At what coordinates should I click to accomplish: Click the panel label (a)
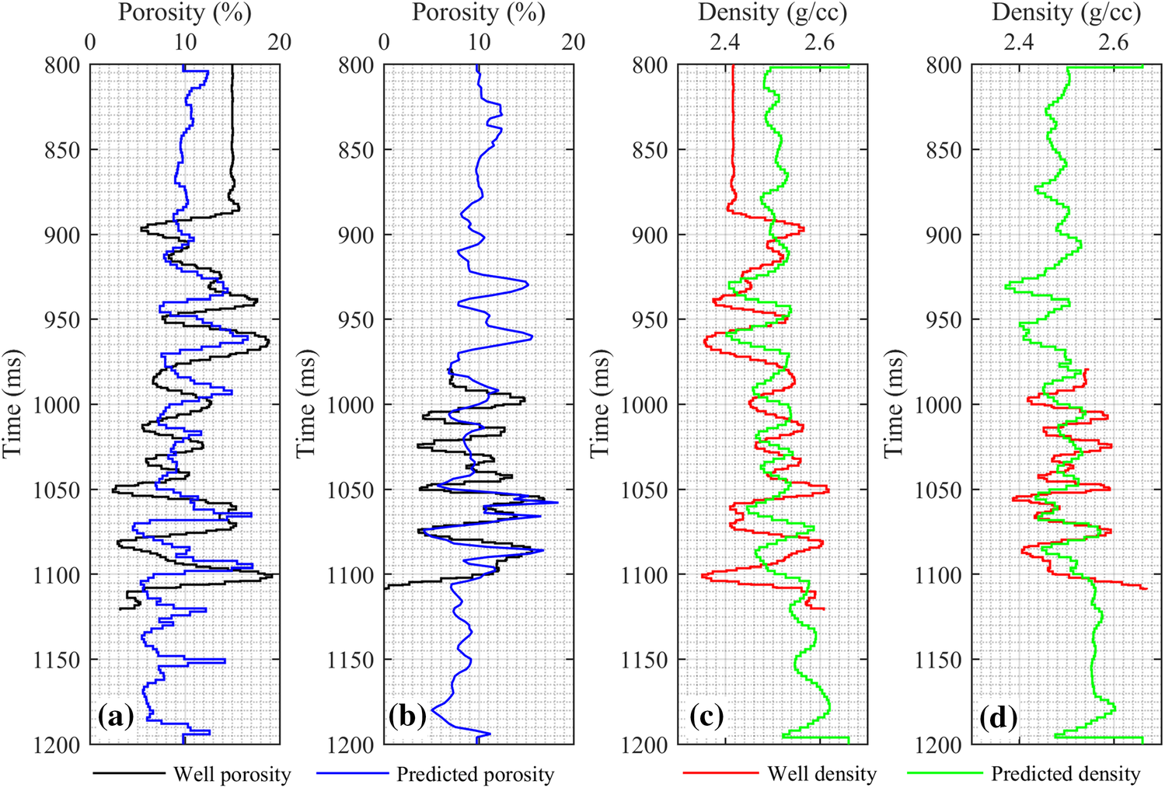pos(116,716)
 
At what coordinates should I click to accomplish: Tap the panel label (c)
pos(706,716)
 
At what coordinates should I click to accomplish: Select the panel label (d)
pos(999,716)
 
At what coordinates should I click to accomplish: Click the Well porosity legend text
pos(232,774)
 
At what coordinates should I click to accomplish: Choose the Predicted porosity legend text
pos(475,774)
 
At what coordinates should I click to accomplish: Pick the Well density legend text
pos(821,774)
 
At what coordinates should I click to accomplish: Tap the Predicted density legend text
pos(1066,774)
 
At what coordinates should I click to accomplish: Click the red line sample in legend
pos(720,773)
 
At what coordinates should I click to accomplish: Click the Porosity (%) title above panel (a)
pos(185,12)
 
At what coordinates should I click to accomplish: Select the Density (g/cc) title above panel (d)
pos(1066,12)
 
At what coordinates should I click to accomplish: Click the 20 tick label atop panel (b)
pos(573,42)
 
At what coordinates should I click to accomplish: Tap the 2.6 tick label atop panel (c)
pos(819,42)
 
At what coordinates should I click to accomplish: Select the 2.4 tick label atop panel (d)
pos(1018,42)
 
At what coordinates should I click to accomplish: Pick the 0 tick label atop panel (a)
pos(90,42)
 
